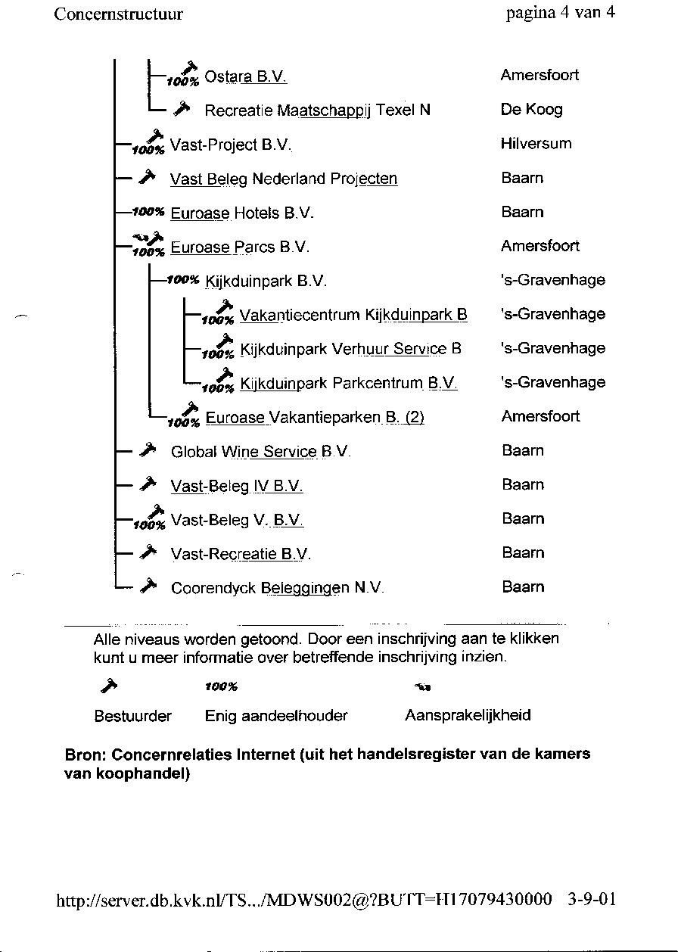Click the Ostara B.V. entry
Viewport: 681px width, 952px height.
click(246, 76)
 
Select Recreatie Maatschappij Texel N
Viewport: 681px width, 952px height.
click(317, 110)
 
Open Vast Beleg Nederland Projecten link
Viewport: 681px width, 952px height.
click(284, 179)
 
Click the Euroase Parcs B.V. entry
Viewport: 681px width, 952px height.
click(241, 247)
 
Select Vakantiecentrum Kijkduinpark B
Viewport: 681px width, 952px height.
click(353, 316)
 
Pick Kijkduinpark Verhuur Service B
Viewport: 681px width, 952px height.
click(350, 350)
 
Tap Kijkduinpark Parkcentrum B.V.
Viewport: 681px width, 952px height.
click(349, 384)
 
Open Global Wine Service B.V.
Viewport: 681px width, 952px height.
click(261, 453)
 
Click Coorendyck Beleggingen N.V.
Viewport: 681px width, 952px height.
click(278, 588)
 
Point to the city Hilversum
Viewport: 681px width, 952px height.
click(536, 144)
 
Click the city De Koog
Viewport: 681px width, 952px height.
click(531, 110)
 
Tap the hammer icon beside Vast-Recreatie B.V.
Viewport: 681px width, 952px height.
click(148, 553)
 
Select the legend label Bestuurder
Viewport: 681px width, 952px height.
click(132, 716)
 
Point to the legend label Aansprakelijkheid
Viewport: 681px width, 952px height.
click(468, 716)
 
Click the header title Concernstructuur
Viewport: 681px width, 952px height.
click(119, 14)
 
